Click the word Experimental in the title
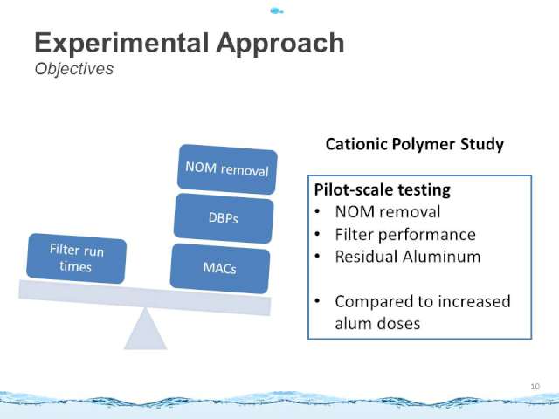[121, 43]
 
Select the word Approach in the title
[280, 44]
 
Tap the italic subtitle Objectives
[74, 69]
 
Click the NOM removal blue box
[227, 169]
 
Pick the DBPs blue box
[224, 218]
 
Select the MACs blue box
[220, 268]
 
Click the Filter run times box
[76, 258]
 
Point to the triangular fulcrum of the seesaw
[145, 330]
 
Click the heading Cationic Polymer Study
[415, 144]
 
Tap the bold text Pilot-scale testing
[383, 189]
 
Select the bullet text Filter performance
[405, 235]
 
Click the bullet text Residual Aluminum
[408, 257]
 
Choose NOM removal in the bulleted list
[388, 212]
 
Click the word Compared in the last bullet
[374, 302]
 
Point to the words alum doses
[377, 324]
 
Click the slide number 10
[535, 386]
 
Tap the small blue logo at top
[277, 11]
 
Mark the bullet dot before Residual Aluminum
[317, 257]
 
